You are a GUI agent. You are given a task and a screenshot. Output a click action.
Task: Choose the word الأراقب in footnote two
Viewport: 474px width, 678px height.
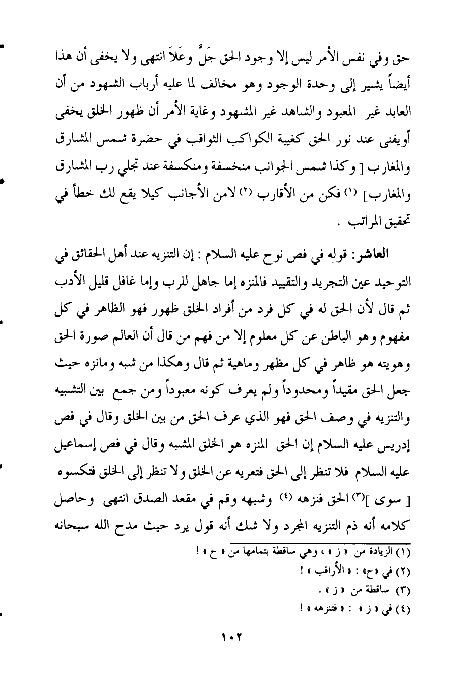tap(328, 572)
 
